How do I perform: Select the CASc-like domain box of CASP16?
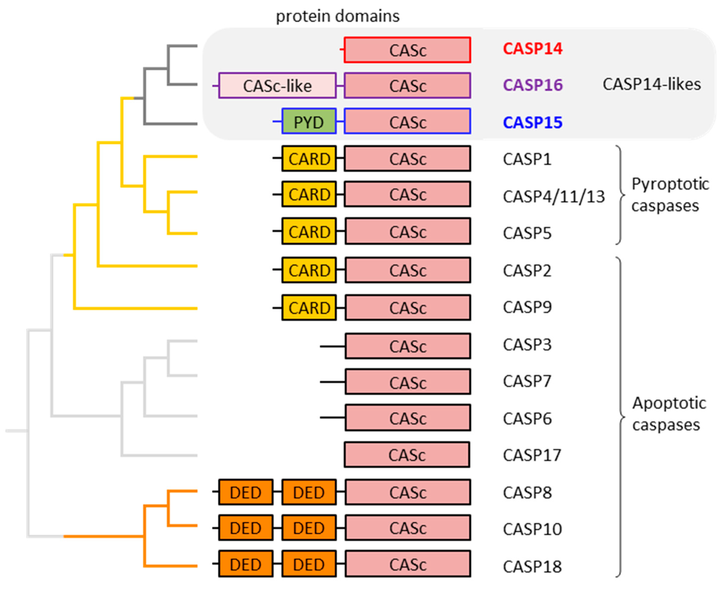click(x=277, y=86)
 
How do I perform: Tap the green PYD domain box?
click(x=309, y=122)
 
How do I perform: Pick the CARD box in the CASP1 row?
click(x=309, y=159)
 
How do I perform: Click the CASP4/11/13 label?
click(x=554, y=196)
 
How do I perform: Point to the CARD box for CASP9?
click(x=309, y=308)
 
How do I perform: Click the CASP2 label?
click(x=527, y=271)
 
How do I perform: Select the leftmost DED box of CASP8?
click(x=245, y=492)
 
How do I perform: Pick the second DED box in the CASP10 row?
click(x=309, y=528)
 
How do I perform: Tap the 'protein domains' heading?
click(x=337, y=16)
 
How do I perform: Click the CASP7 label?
click(x=527, y=381)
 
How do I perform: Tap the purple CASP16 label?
click(x=533, y=85)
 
